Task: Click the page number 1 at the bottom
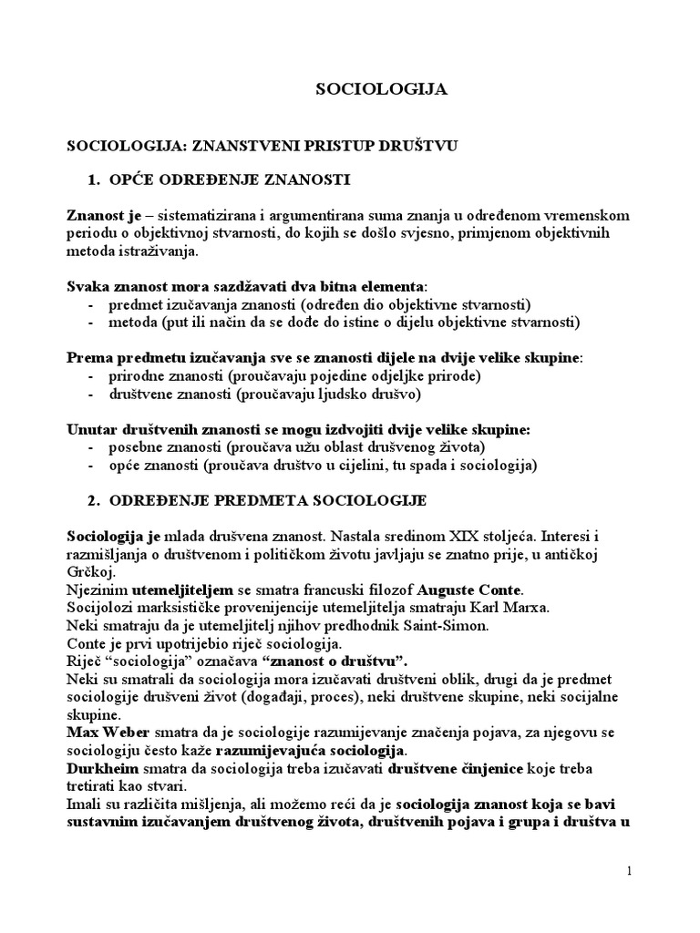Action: (x=629, y=871)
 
